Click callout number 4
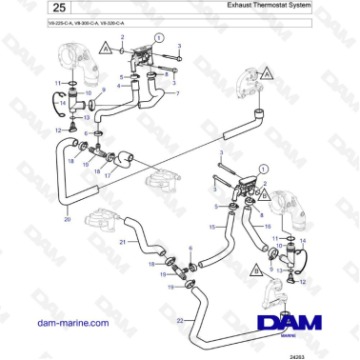118,86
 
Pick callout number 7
178,95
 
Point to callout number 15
211,227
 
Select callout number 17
105,175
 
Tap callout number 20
67,220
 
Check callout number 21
123,242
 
